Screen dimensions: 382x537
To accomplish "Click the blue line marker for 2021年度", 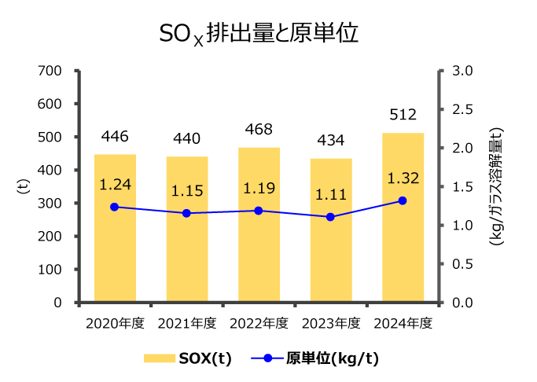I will [x=186, y=213].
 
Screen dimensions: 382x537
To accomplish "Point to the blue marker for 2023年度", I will [x=330, y=216].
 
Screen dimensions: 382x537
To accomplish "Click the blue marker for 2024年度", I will [x=403, y=200].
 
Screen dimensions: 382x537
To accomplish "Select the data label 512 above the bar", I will [x=403, y=115].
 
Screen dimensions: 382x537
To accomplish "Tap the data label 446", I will [x=115, y=137].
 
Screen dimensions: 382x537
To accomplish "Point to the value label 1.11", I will [x=330, y=195].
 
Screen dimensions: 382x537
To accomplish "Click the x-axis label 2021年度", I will [x=186, y=322].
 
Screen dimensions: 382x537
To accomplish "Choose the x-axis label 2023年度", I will [x=330, y=322].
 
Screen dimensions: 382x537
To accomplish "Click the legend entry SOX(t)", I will [x=188, y=358].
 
